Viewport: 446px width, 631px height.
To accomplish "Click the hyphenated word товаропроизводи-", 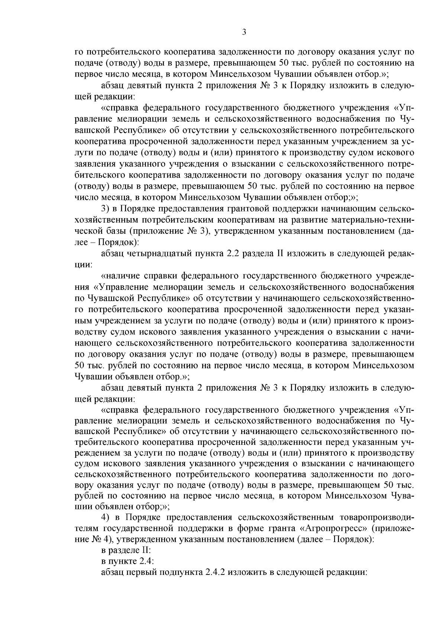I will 376,517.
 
